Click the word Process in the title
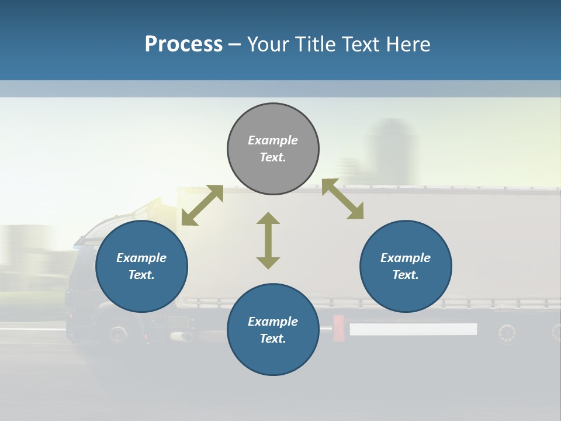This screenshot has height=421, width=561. [x=183, y=44]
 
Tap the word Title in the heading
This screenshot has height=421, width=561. [x=314, y=44]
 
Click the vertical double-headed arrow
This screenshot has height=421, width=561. [x=268, y=240]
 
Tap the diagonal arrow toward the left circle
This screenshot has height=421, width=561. [x=202, y=205]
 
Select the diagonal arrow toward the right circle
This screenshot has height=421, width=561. [x=342, y=199]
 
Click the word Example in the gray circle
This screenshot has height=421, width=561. [x=273, y=140]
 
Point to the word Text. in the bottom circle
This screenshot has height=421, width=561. [x=273, y=339]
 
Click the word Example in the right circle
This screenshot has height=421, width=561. [x=406, y=258]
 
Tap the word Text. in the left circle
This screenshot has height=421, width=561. [x=141, y=275]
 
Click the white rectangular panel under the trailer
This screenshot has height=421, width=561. [x=413, y=329]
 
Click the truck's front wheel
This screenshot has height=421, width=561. [x=117, y=334]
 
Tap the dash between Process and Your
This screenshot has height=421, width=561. [x=234, y=45]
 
